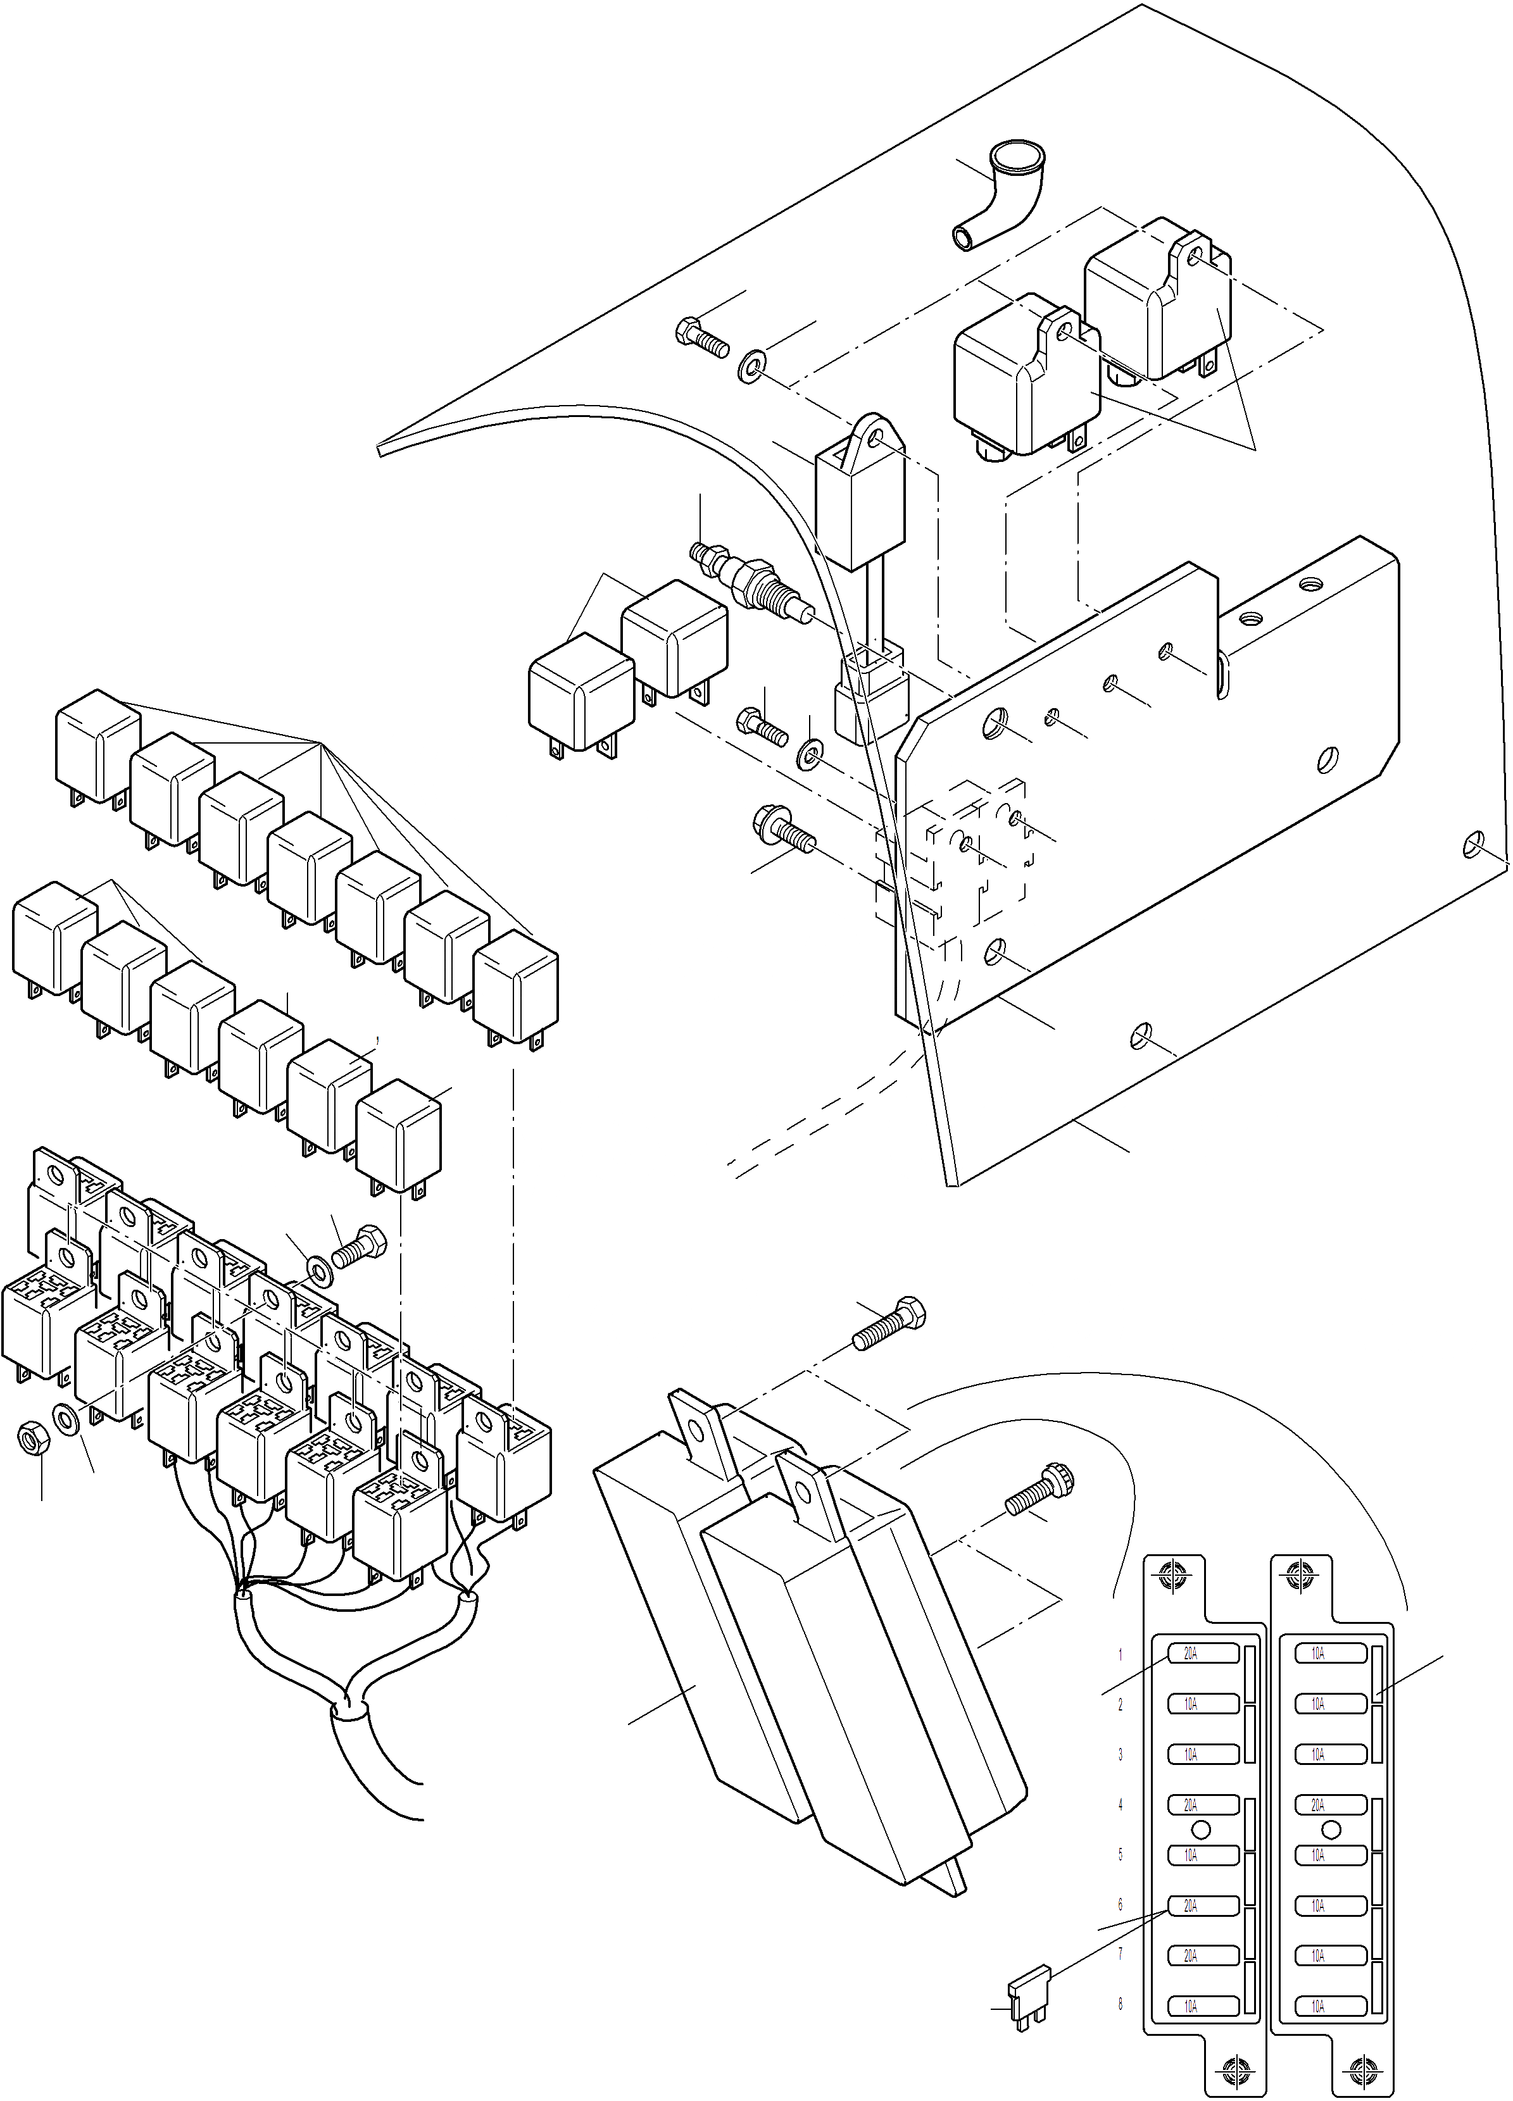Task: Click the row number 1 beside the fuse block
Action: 1120,1654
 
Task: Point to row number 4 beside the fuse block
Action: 1120,1805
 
